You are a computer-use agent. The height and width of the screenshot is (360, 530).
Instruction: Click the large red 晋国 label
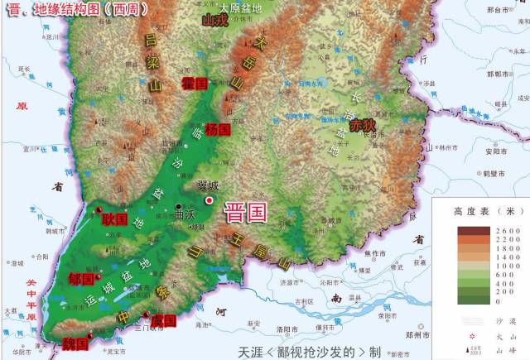[x=246, y=213]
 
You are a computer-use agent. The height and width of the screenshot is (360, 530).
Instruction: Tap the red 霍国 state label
[x=195, y=83]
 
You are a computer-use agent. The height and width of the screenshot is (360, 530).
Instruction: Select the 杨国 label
[x=217, y=129]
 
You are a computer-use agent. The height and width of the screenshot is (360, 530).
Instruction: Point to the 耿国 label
[x=114, y=219]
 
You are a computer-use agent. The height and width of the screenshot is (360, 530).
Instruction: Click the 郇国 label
[x=81, y=279]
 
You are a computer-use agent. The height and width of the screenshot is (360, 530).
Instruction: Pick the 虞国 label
[x=164, y=320]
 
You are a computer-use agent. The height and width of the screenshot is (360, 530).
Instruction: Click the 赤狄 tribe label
[x=362, y=126]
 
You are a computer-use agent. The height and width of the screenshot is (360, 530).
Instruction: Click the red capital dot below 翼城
[x=210, y=200]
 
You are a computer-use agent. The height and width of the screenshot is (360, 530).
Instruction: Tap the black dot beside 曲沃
[x=178, y=206]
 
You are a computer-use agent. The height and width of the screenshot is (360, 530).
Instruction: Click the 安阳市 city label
[x=496, y=151]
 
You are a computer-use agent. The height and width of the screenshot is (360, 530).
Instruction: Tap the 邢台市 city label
[x=501, y=10]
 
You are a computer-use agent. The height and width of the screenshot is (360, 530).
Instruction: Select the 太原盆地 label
[x=239, y=7]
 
